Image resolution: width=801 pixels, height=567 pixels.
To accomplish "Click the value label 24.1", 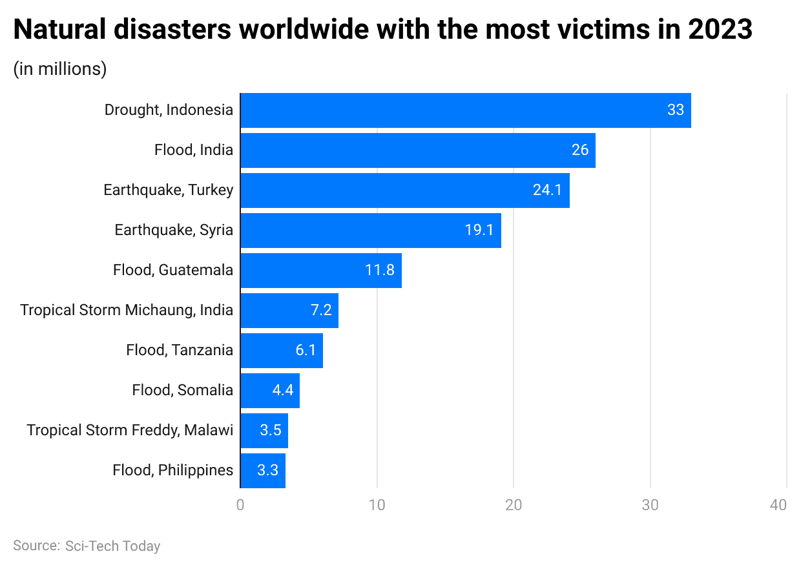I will (x=547, y=191).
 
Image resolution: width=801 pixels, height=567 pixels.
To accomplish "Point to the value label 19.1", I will (x=479, y=231).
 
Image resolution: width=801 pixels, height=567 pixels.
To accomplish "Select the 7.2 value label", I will (x=321, y=311).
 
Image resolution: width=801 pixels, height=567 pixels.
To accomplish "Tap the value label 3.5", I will (x=271, y=431).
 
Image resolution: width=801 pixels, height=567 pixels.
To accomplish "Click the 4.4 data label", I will (x=282, y=391).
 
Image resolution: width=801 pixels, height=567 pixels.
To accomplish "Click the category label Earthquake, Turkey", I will (x=168, y=191).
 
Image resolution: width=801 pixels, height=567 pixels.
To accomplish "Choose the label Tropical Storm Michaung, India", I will (x=127, y=311).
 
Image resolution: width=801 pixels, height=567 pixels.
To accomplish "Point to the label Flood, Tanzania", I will (x=180, y=351).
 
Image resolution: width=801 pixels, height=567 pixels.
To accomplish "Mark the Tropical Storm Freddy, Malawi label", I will (x=130, y=431).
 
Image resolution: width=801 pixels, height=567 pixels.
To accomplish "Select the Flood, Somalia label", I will (x=182, y=391).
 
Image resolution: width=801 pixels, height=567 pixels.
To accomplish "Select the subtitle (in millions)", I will (x=60, y=69).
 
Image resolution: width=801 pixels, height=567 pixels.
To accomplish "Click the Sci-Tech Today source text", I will (x=112, y=546).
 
